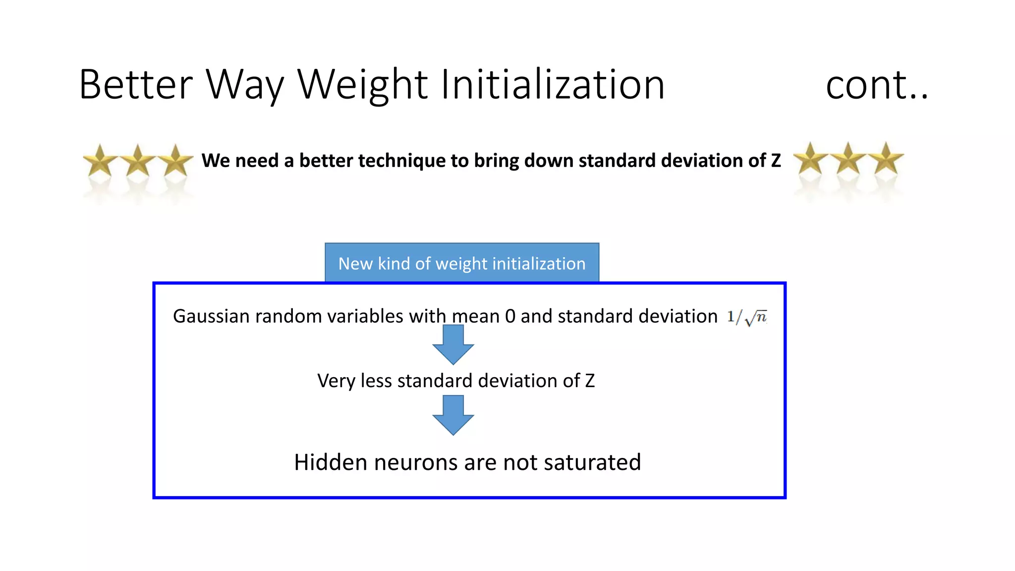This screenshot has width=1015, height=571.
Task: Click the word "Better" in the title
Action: (x=135, y=85)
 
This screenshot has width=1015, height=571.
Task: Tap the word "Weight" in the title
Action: (x=362, y=85)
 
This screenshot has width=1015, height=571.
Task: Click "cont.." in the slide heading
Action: (x=876, y=86)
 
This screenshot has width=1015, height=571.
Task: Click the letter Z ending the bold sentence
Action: (x=776, y=161)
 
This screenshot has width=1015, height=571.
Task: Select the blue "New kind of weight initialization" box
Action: (x=462, y=263)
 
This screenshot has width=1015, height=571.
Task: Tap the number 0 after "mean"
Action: (x=510, y=316)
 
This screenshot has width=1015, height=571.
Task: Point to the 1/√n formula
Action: (x=747, y=317)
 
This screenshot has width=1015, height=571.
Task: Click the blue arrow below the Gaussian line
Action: (x=453, y=345)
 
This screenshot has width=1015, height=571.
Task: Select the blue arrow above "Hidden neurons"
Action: (x=453, y=415)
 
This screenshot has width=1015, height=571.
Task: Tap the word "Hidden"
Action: (x=331, y=462)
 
